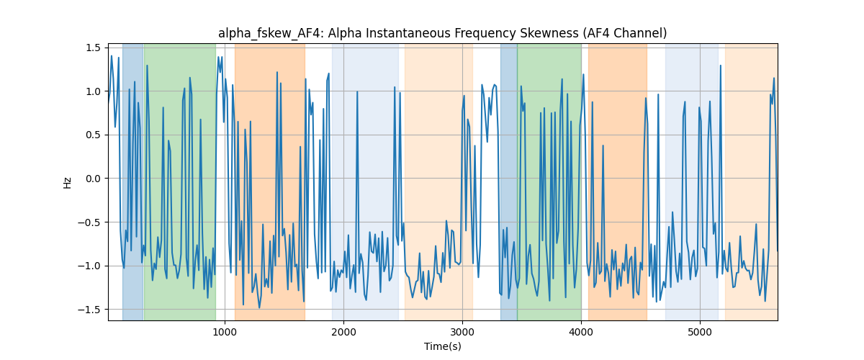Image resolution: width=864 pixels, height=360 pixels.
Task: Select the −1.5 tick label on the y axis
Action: point(89,310)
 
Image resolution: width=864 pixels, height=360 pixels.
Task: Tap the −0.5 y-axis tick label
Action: point(89,222)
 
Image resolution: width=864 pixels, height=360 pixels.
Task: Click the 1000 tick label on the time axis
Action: point(225,332)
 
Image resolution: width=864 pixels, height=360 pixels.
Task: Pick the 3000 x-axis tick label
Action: point(462,332)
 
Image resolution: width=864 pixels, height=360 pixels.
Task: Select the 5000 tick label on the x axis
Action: point(700,332)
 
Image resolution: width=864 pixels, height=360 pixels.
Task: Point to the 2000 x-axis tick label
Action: point(343,332)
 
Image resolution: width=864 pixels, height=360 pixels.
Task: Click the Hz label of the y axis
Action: point(68,183)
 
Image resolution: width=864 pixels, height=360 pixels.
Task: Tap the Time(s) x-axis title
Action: point(443,346)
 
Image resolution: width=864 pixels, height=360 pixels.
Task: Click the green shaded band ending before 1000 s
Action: point(180,181)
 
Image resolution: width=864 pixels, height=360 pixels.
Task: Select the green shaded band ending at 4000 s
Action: point(549,181)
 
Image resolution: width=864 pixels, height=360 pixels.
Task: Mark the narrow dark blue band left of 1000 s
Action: point(133,181)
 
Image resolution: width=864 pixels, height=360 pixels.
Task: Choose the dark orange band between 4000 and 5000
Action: point(618,181)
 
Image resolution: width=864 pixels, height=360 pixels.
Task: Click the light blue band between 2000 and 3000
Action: point(365,181)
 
